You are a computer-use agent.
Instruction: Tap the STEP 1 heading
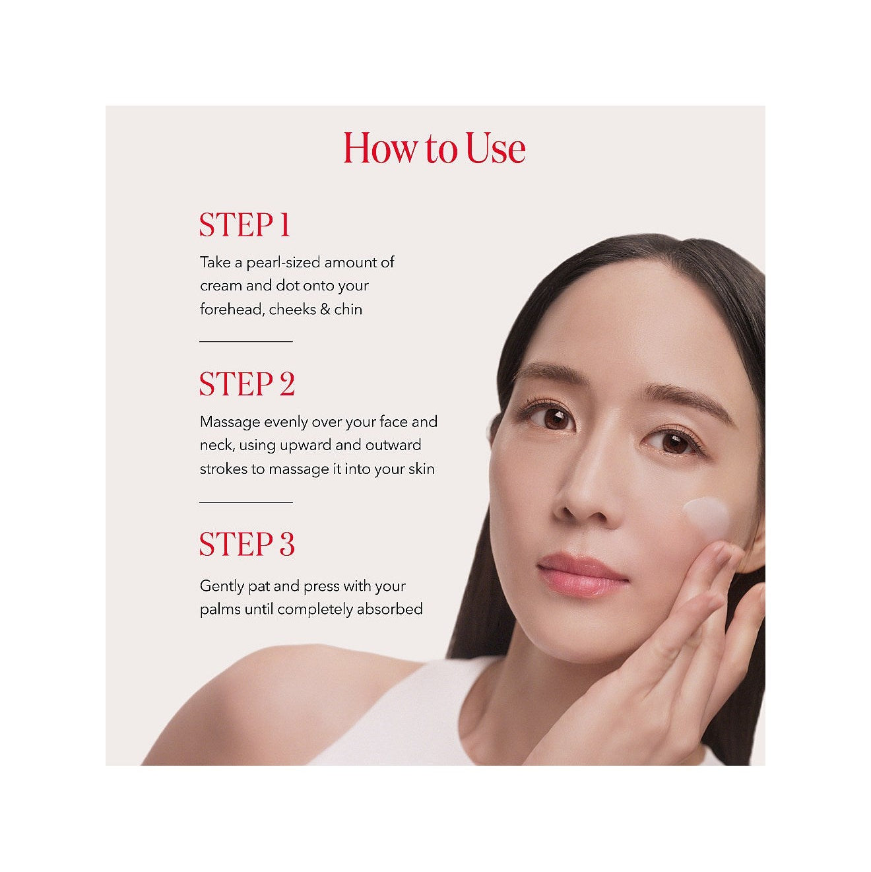coord(245,224)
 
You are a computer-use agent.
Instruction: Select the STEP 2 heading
coord(247,384)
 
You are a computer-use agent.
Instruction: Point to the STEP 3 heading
coord(247,544)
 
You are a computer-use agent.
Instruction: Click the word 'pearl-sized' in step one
coord(283,263)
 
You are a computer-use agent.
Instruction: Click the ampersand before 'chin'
coord(325,310)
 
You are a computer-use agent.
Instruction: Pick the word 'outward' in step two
coord(393,446)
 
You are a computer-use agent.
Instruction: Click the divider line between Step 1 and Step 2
coord(246,341)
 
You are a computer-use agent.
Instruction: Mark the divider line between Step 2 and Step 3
coord(246,502)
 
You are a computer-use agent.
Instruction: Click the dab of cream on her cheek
coord(705,514)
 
